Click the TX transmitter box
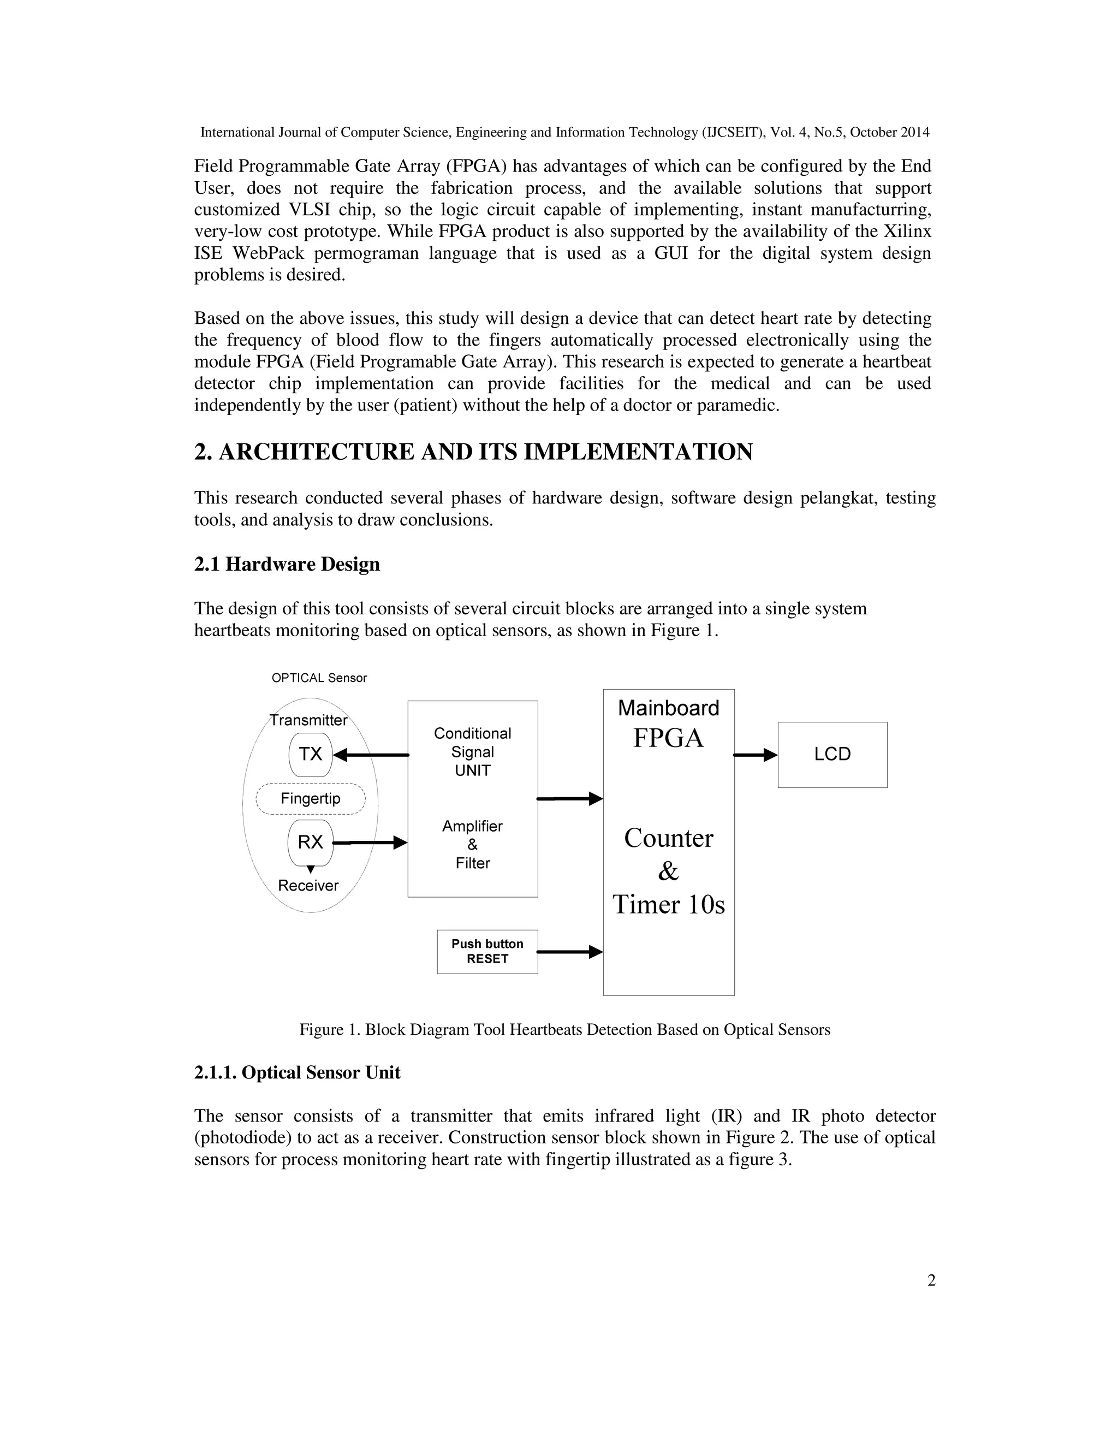[x=310, y=754]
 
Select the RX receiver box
[x=310, y=842]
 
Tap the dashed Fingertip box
[x=310, y=798]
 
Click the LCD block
[x=832, y=755]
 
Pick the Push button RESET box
[x=487, y=951]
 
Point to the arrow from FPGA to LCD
[x=755, y=755]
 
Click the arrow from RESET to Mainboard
[x=569, y=952]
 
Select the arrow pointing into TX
[x=371, y=755]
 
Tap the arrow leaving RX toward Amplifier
[x=370, y=843]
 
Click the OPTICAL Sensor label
[x=319, y=678]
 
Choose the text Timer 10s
[x=668, y=904]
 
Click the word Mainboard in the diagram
[x=668, y=708]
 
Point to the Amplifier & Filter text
[x=472, y=845]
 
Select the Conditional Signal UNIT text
[x=472, y=752]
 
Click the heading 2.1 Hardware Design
[x=287, y=565]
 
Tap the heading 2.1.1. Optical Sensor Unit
[x=297, y=1072]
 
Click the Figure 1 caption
[x=564, y=1030]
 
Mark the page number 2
[x=931, y=1280]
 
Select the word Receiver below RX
[x=308, y=885]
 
